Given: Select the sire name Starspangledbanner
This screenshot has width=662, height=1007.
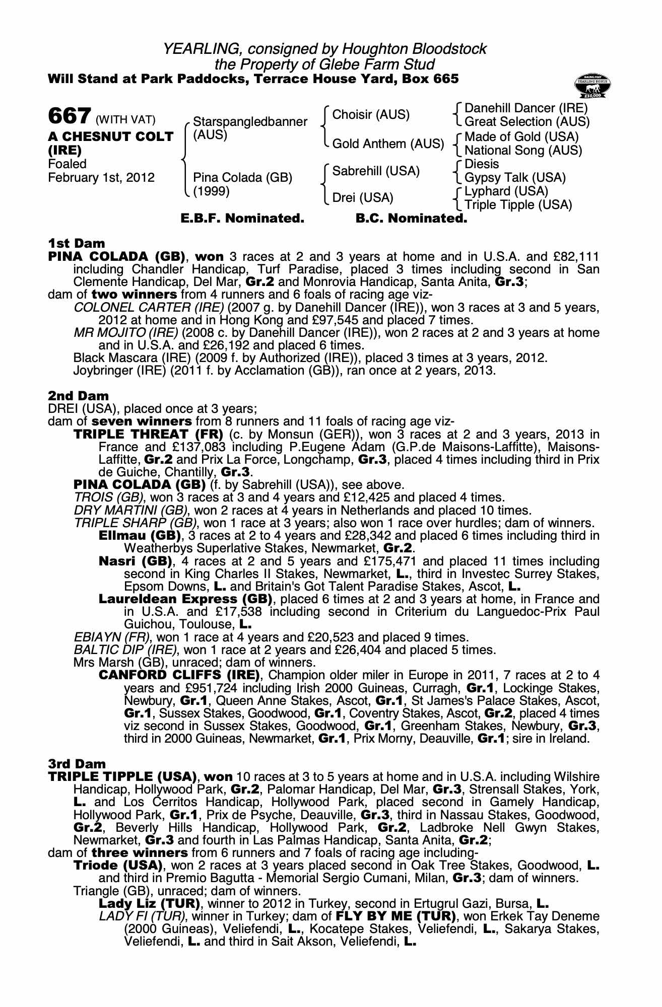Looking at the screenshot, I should (x=250, y=122).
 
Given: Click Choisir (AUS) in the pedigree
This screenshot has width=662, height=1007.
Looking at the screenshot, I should (x=371, y=115).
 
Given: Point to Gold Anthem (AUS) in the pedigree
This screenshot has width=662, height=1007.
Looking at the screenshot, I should (x=388, y=144).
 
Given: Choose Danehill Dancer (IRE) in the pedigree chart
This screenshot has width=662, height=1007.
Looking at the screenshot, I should (x=525, y=108).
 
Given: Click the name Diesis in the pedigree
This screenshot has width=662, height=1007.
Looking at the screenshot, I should (x=482, y=164).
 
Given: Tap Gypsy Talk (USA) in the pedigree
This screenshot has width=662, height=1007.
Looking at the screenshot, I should (x=515, y=178).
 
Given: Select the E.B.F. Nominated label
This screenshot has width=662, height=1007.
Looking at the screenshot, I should (x=242, y=219).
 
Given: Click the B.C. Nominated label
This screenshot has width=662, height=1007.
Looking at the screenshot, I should (x=411, y=219).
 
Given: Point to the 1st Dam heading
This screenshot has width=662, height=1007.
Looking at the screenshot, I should (x=77, y=244).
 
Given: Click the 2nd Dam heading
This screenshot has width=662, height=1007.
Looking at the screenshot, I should (x=78, y=396).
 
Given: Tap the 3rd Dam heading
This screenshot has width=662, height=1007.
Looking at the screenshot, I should (x=78, y=764).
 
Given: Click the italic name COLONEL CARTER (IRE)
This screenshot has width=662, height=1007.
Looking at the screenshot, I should (x=149, y=308).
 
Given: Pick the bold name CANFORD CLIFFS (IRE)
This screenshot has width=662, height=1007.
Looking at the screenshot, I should (x=179, y=675).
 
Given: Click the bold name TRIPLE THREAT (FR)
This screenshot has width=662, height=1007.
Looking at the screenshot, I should (x=149, y=435).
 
